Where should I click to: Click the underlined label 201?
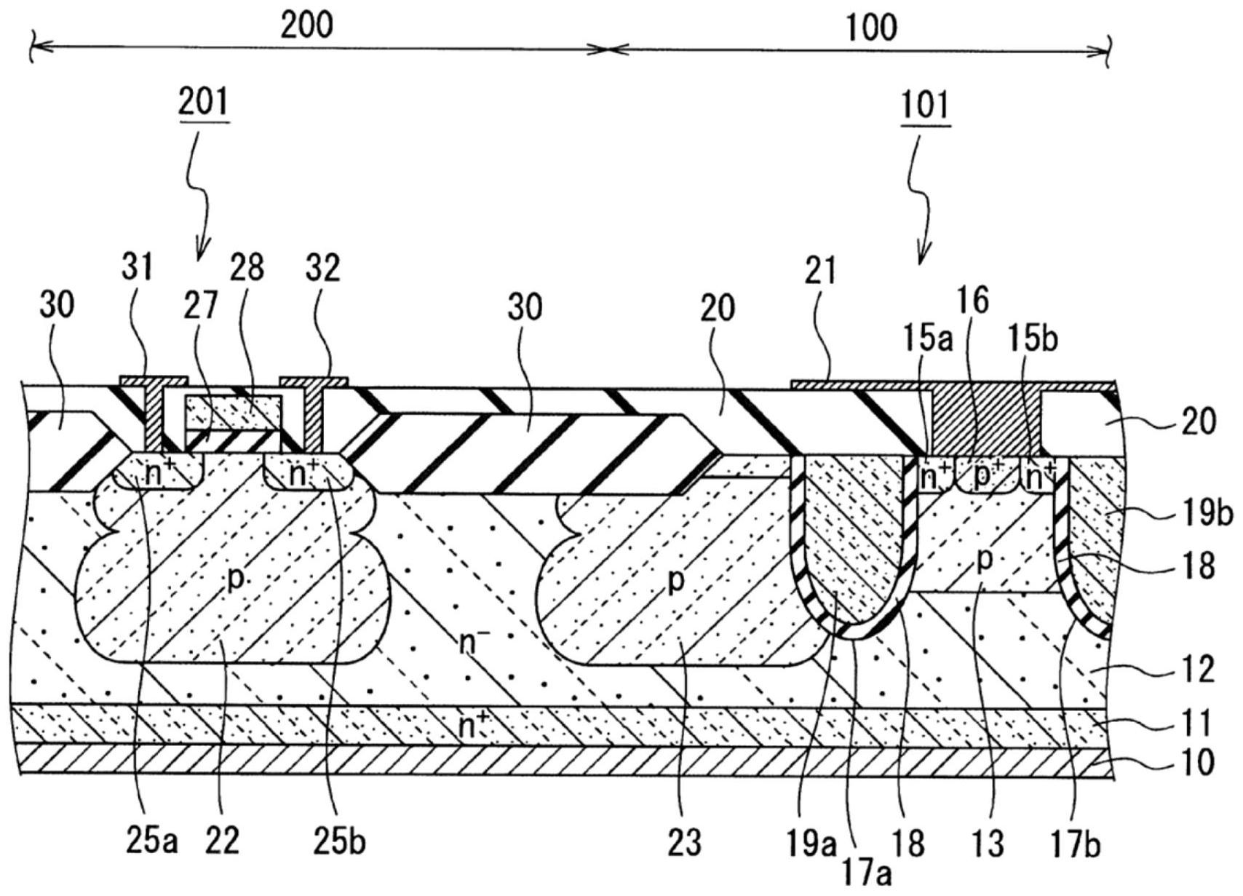point(204,103)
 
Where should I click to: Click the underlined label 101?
point(926,106)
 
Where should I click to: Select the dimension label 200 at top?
point(306,25)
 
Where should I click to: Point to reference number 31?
point(137,268)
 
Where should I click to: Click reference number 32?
point(324,268)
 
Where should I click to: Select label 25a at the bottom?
point(151,842)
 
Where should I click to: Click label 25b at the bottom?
point(340,842)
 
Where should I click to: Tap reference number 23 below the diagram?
point(684,842)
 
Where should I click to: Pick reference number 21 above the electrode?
point(821,272)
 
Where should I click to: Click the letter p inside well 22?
point(236,579)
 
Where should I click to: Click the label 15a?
point(929,340)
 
